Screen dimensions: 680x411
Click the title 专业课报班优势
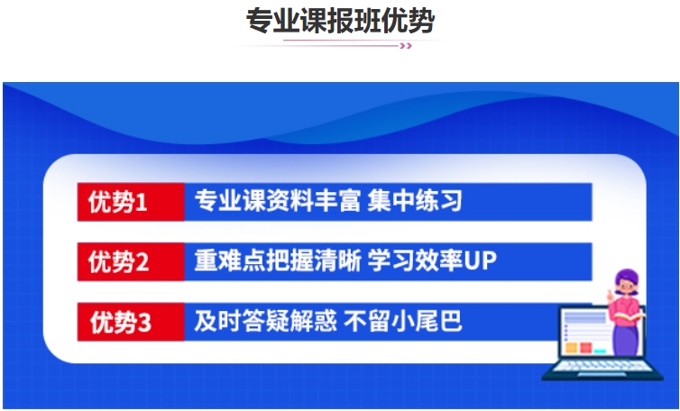tap(340, 21)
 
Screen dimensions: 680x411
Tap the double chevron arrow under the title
tap(406, 46)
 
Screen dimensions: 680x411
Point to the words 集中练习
tap(415, 201)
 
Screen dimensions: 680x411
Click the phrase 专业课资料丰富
tap(277, 201)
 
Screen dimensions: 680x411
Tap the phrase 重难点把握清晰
tap(277, 260)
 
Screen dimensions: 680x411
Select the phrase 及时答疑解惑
tap(265, 321)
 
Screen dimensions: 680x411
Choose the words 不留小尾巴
tap(403, 321)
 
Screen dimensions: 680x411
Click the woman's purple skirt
tap(626, 341)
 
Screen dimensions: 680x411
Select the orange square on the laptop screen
tap(572, 348)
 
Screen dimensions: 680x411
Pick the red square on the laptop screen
tap(586, 348)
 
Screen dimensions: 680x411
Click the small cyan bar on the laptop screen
tap(600, 351)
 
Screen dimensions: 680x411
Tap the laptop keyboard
tap(603, 366)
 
